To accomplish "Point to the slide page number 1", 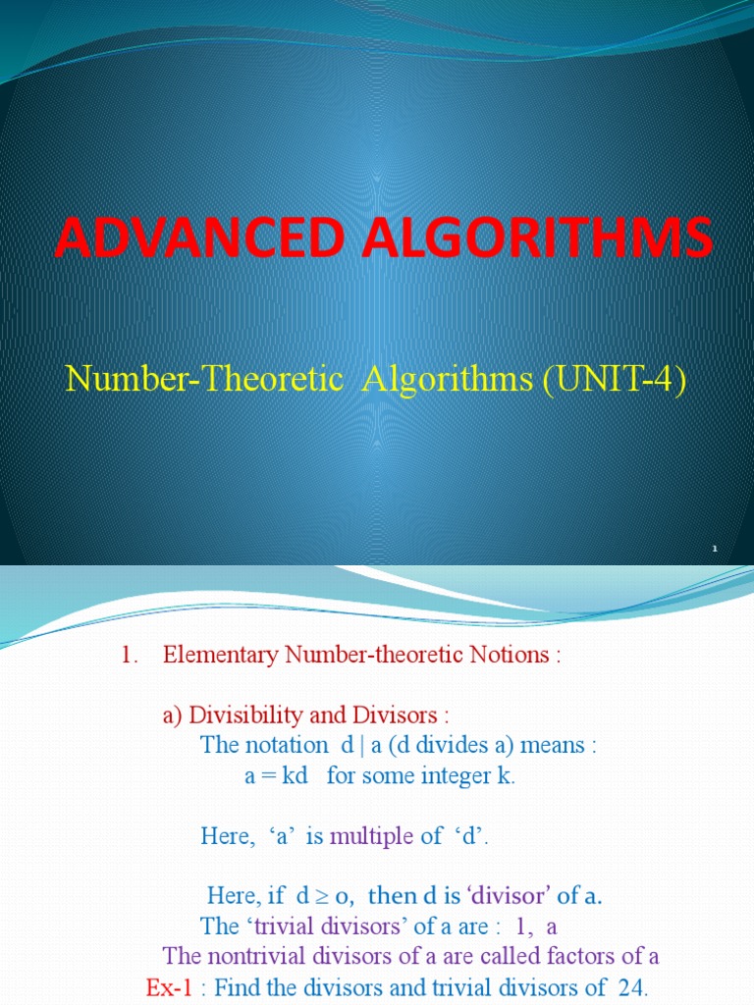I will click(x=716, y=548).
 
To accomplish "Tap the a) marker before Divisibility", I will click(x=173, y=714).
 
